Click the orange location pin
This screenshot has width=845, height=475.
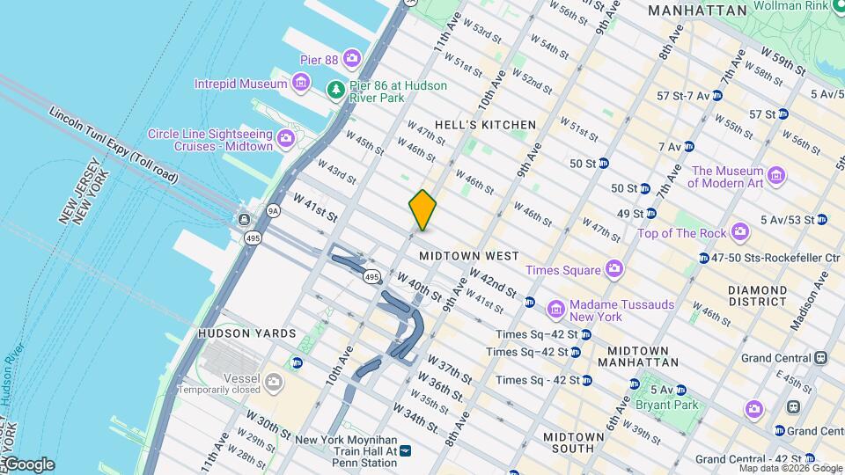(422, 209)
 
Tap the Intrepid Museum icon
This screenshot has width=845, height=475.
(302, 84)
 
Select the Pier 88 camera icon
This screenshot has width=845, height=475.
(352, 58)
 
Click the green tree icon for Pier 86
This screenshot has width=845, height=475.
(335, 90)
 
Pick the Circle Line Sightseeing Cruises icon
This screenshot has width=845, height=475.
(285, 139)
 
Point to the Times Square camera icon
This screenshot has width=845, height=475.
(614, 269)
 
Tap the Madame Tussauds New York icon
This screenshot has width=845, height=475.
(555, 310)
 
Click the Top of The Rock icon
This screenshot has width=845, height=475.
(740, 232)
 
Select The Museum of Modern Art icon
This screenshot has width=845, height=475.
(775, 174)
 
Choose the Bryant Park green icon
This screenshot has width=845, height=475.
(634, 384)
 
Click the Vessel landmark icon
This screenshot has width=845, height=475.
(274, 382)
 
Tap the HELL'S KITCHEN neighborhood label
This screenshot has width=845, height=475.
(486, 125)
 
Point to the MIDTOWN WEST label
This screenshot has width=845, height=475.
(468, 256)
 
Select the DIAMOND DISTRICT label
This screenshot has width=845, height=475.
(758, 296)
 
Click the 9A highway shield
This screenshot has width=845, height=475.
(273, 211)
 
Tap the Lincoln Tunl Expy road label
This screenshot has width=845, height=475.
(114, 146)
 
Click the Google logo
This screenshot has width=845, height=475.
(29, 464)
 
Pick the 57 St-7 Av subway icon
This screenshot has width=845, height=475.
(717, 95)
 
